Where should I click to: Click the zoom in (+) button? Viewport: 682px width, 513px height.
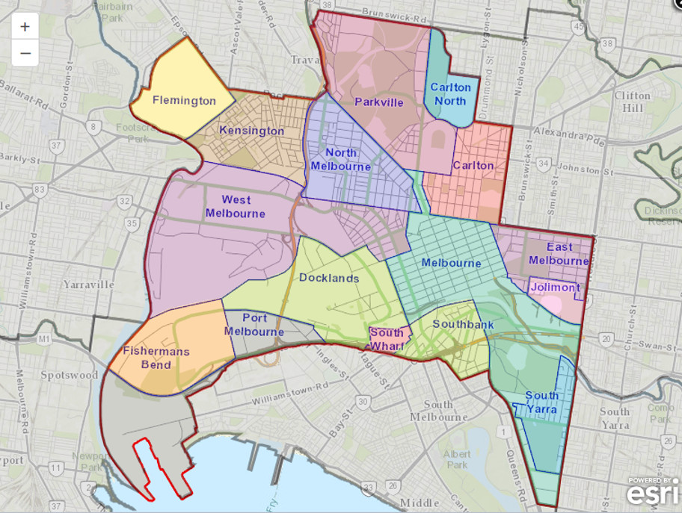click(x=25, y=27)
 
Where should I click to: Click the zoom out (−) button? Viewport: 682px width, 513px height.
click(x=25, y=53)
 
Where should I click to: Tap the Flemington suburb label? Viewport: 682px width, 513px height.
click(x=184, y=100)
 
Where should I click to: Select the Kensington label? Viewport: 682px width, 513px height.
click(x=251, y=131)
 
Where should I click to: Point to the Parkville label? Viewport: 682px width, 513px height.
click(x=379, y=102)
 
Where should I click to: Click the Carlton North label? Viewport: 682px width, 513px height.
click(x=450, y=93)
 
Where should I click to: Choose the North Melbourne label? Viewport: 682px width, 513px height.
click(x=341, y=159)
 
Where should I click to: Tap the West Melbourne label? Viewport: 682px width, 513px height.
click(x=236, y=206)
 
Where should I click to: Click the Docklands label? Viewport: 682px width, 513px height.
click(x=329, y=278)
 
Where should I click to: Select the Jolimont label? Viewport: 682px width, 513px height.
click(x=555, y=287)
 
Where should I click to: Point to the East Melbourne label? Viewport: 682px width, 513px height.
click(x=559, y=254)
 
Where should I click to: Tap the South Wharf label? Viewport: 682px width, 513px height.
click(x=387, y=338)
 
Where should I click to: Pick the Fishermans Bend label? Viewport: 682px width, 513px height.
click(x=156, y=358)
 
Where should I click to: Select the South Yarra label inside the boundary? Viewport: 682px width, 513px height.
click(x=541, y=402)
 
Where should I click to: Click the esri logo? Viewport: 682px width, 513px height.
click(x=653, y=493)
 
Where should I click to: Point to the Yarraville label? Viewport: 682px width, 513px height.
click(x=89, y=285)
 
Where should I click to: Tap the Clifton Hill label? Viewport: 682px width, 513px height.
click(x=633, y=102)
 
